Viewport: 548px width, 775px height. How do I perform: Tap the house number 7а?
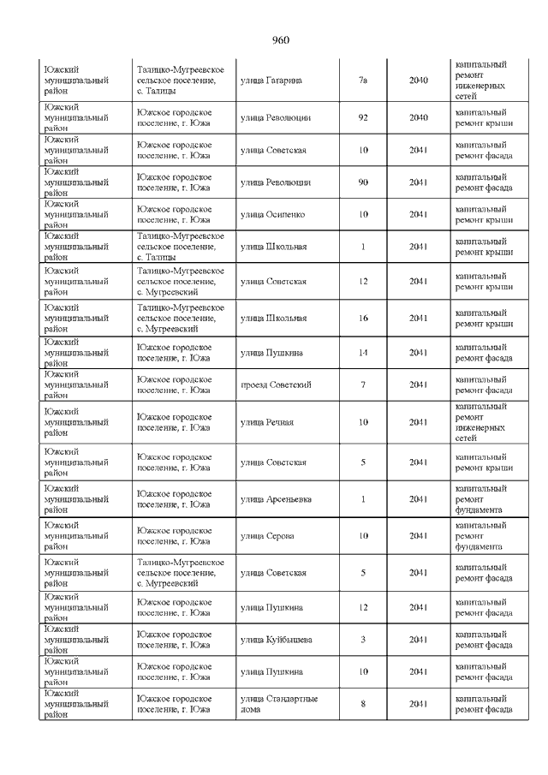362,80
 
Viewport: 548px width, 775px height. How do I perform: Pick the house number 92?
362,117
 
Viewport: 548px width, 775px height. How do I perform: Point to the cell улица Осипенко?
273,214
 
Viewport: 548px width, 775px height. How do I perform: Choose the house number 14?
362,352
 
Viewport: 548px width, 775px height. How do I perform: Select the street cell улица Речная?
267,421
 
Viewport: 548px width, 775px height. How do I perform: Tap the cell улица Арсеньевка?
276,498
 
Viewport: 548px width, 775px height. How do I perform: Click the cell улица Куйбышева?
276,639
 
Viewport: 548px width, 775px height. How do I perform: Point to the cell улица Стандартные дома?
279,704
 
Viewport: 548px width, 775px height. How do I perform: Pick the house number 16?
362,318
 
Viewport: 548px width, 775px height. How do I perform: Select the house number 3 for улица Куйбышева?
362,639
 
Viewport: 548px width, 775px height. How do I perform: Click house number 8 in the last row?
362,704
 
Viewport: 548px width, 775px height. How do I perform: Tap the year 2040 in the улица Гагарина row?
418,80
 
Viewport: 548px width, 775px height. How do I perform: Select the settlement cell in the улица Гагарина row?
182,80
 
